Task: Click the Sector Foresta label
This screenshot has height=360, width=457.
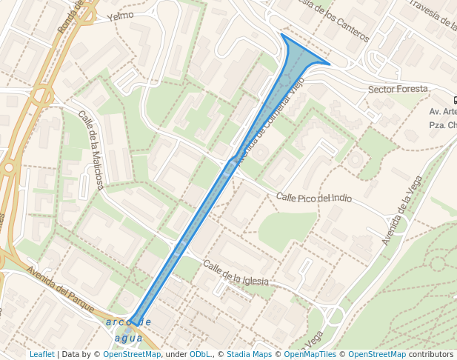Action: click(398, 89)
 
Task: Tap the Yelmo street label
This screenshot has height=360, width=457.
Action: click(120, 16)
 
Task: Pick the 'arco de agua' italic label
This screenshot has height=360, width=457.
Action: click(129, 330)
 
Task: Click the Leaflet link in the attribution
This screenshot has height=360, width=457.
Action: click(42, 354)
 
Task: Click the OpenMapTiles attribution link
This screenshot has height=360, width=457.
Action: click(312, 354)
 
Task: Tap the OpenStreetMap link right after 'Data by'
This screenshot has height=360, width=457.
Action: click(132, 354)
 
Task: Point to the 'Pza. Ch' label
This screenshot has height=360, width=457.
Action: click(442, 125)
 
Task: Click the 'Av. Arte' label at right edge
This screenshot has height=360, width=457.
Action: click(442, 112)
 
